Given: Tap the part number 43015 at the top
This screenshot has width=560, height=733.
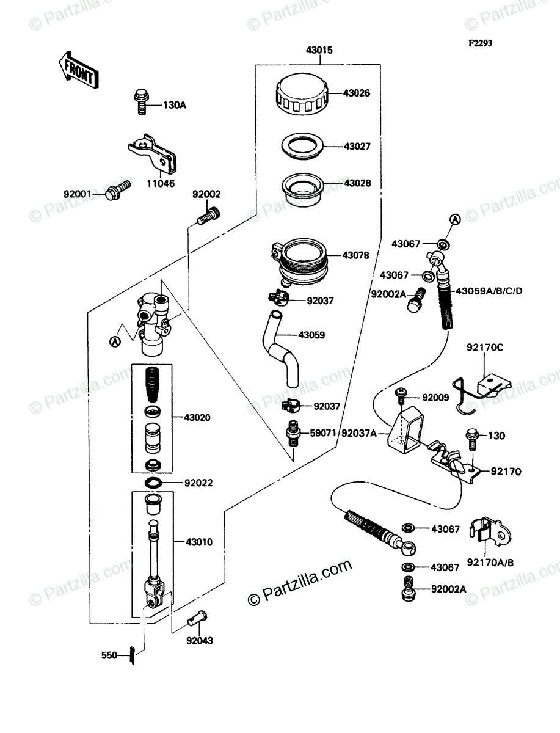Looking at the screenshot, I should [x=319, y=51].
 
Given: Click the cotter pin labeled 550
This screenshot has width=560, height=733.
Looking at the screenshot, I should [x=131, y=655].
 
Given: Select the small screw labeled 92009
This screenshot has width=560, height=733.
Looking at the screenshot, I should [x=402, y=395].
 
